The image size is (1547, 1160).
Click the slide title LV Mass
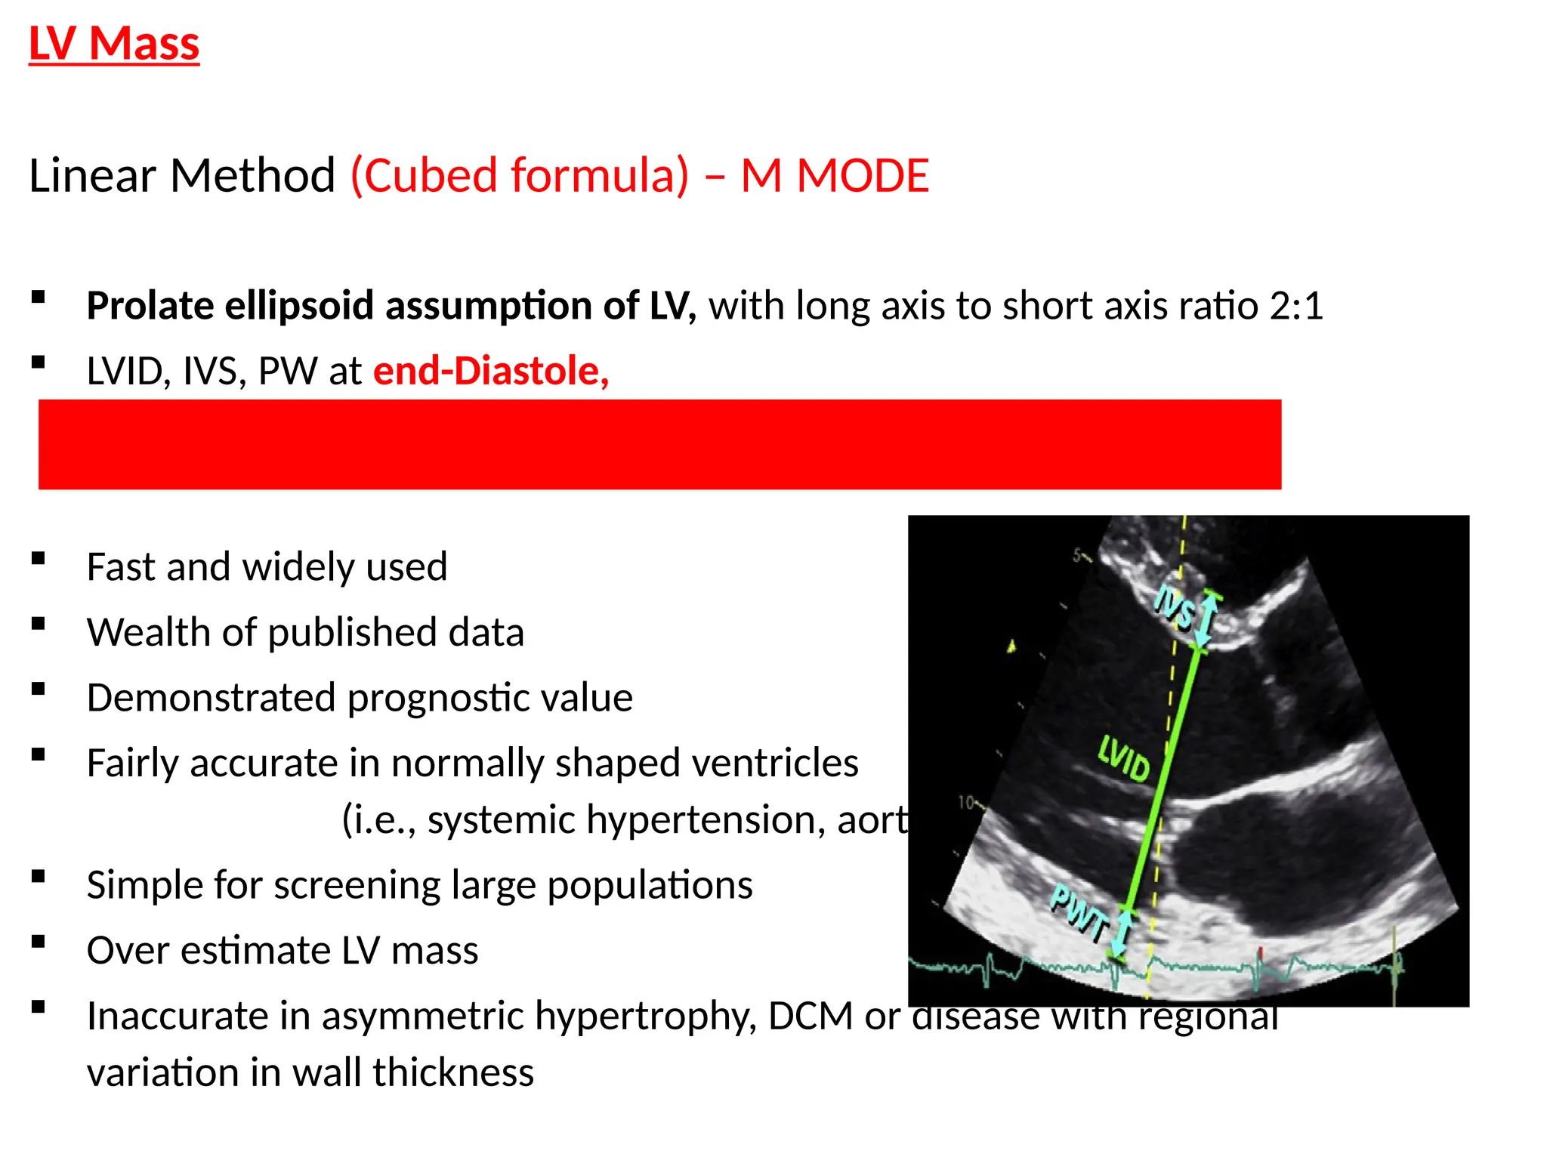pos(114,44)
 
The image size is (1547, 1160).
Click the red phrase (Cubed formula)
pos(520,176)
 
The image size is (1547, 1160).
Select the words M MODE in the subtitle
pos(835,176)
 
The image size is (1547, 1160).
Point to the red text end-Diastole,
pos(491,371)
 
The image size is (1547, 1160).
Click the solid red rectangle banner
pos(659,444)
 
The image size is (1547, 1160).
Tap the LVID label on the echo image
pos(1124,757)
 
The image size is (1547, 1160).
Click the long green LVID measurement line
pos(1163,778)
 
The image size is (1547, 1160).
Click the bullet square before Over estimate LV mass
pos(39,942)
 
